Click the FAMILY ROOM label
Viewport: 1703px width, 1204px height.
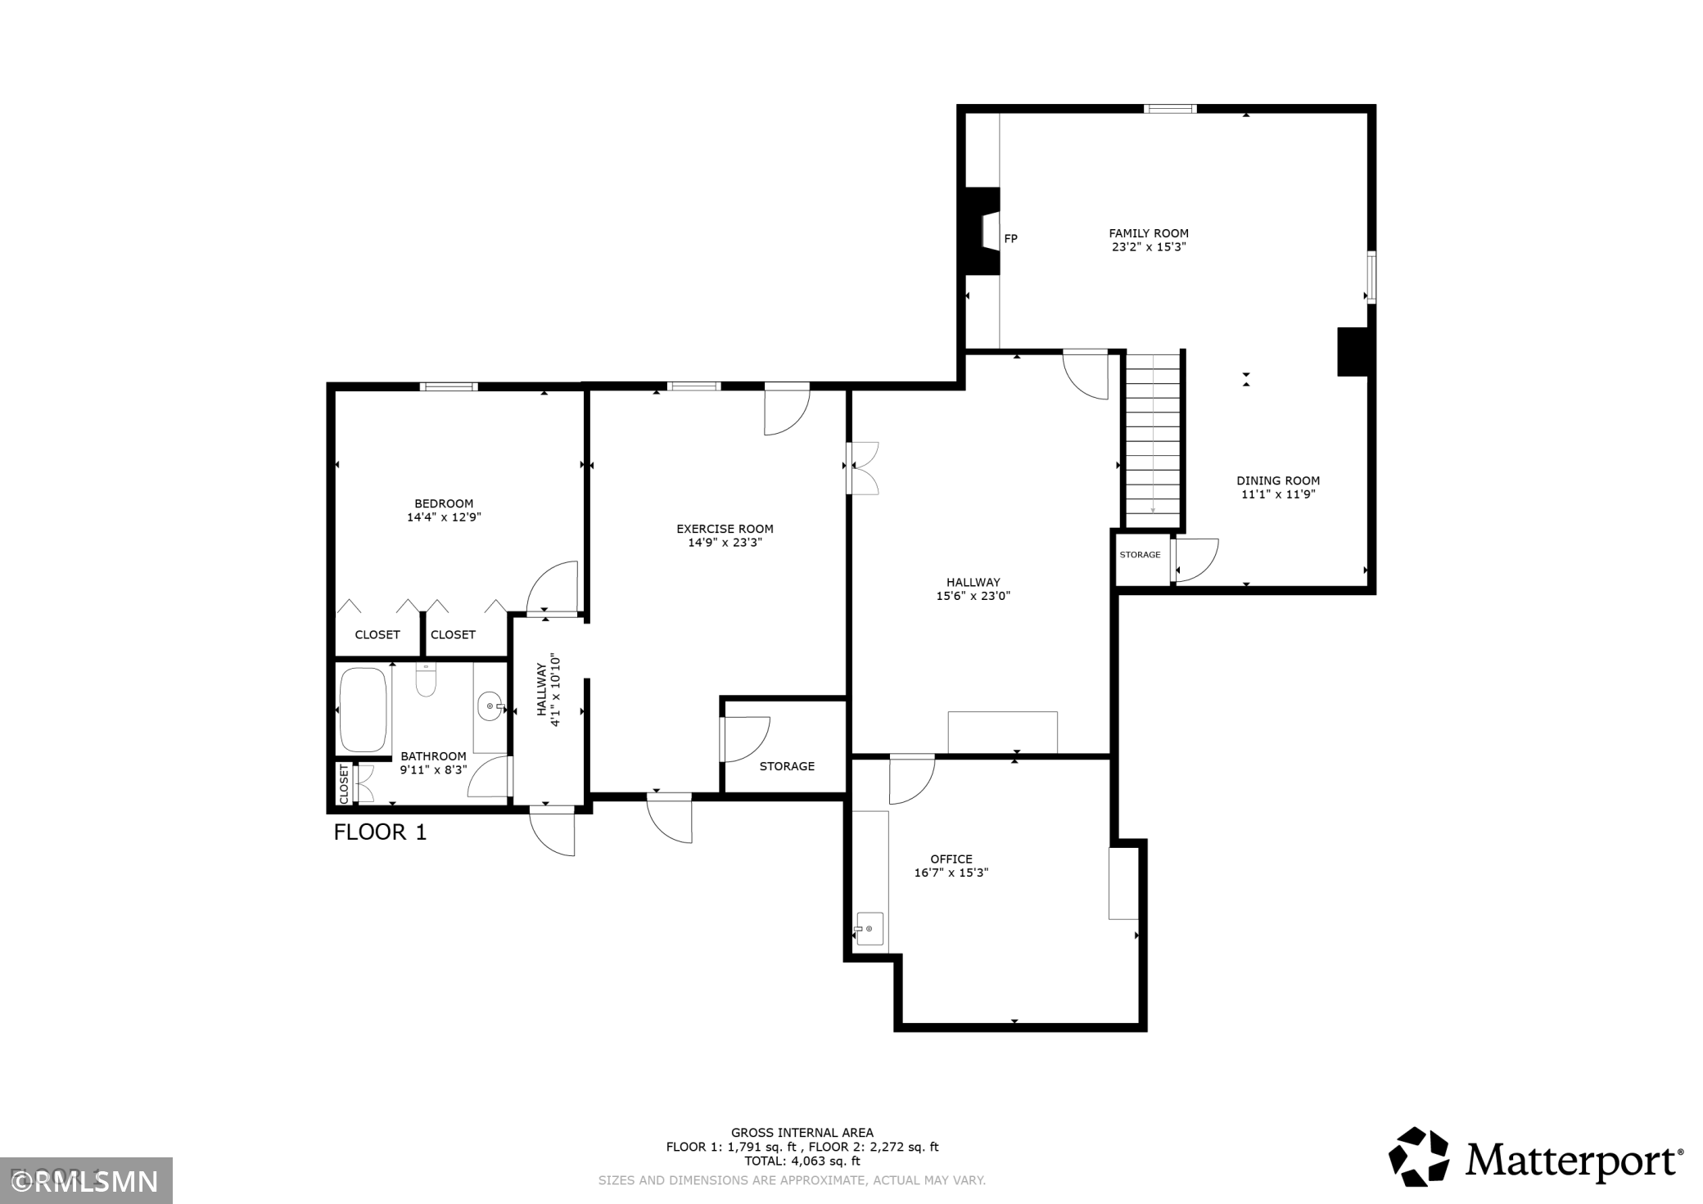1149,233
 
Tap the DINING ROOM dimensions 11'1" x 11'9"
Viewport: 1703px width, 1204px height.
1278,494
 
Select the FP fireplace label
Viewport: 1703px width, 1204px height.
1011,239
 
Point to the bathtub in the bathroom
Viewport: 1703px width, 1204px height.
363,710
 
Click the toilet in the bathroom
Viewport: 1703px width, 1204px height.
426,679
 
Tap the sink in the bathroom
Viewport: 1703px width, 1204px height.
490,706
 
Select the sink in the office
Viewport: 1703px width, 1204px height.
870,929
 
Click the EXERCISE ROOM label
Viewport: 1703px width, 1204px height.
725,529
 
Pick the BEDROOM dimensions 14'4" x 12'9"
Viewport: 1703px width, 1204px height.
444,517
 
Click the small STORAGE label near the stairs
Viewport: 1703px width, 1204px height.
1140,555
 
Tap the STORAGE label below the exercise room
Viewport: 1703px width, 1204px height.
787,766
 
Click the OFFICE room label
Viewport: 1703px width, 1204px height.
951,859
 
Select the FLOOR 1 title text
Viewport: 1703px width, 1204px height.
380,832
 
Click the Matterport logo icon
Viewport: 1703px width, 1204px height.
1418,1156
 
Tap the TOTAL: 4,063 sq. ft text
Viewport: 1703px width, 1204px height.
802,1161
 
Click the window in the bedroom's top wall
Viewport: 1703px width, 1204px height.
449,386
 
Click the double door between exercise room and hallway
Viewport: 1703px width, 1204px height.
862,468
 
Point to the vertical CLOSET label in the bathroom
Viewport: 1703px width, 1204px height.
344,785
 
